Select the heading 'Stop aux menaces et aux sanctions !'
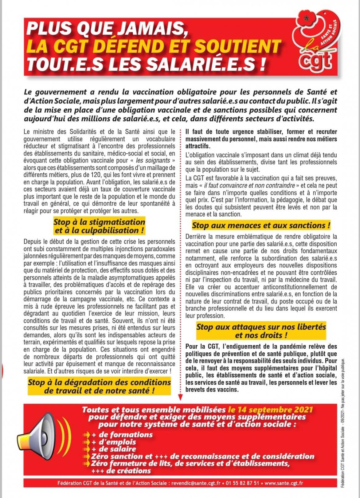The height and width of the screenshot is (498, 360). [261, 225]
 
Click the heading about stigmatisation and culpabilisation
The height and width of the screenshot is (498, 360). [99, 226]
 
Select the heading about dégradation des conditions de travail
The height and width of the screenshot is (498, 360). [99, 387]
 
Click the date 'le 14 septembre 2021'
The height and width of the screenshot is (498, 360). [270, 410]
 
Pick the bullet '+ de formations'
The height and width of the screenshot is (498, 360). [122, 435]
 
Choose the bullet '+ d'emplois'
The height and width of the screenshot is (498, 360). [114, 442]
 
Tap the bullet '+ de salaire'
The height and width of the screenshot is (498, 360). [114, 449]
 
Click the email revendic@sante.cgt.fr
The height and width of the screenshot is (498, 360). [196, 483]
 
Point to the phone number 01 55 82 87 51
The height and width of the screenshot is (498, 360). [242, 483]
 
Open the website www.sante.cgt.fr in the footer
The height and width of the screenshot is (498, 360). [283, 483]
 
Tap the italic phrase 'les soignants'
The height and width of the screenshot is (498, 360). [153, 160]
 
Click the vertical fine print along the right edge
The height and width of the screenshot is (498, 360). [343, 425]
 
